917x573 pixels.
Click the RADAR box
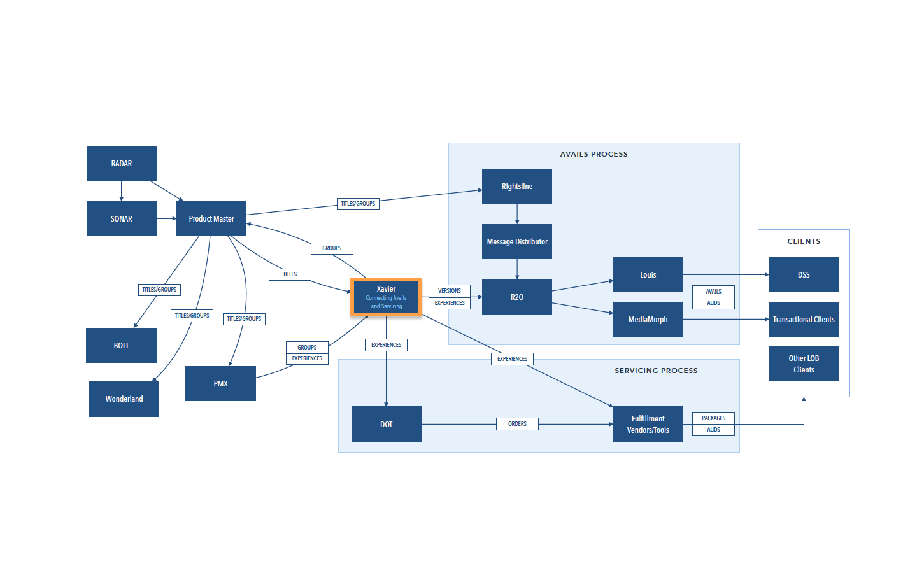click(121, 163)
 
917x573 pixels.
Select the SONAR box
click(121, 218)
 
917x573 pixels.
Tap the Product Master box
click(211, 218)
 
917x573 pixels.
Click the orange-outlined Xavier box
click(386, 297)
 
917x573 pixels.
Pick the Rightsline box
click(516, 186)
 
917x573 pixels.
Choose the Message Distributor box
click(516, 241)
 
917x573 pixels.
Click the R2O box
click(516, 297)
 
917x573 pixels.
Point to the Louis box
click(648, 274)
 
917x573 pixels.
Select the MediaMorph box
click(648, 319)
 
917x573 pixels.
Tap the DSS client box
click(803, 274)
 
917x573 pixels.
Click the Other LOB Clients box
click(803, 364)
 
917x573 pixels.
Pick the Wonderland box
click(124, 399)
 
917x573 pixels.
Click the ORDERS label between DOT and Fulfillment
click(517, 424)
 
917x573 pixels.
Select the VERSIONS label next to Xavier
click(450, 290)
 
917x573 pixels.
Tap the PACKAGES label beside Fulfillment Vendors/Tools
click(713, 418)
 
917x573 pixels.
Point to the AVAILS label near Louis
click(713, 292)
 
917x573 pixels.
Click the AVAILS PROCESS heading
click(594, 154)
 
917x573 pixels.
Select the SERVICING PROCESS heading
click(656, 371)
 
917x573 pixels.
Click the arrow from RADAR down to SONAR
click(121, 191)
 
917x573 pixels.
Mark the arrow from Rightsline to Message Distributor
click(517, 214)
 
